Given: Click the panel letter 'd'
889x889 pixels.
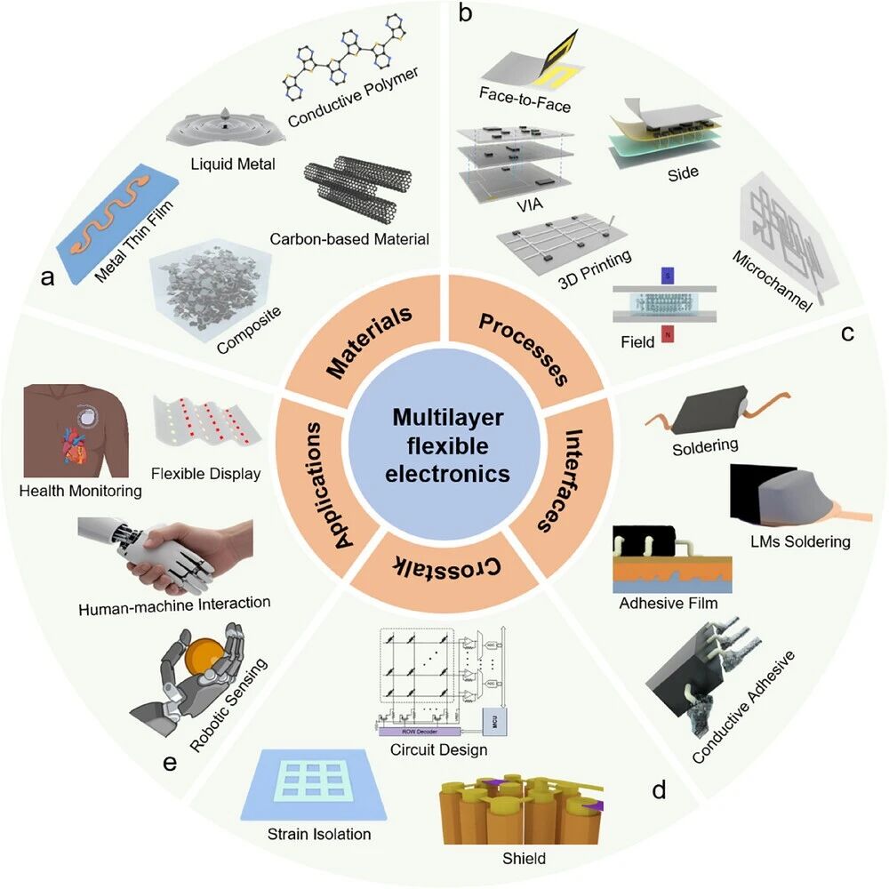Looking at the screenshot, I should coord(659,789).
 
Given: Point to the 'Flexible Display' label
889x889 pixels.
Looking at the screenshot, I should coord(205,473).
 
